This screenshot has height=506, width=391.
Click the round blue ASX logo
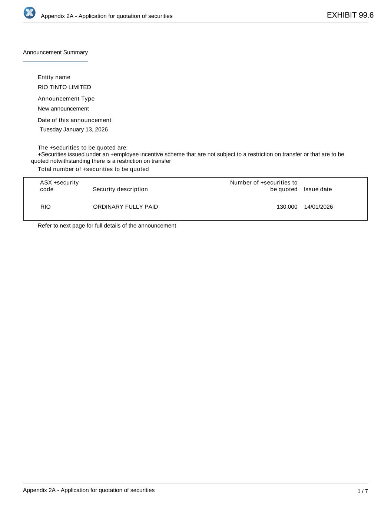[29, 13]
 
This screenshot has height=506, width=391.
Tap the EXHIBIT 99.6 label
[350, 15]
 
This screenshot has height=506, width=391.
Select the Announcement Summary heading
[55, 52]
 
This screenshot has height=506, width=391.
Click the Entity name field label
[54, 77]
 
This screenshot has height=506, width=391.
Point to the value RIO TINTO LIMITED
[64, 87]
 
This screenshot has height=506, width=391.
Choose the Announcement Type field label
[66, 99]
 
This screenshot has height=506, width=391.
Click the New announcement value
[63, 109]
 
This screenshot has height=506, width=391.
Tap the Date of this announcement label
[74, 120]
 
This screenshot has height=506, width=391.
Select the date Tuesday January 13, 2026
[74, 129]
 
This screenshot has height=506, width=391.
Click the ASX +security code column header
[59, 186]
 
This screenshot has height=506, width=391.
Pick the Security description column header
[120, 189]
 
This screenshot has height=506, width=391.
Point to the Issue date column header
[318, 189]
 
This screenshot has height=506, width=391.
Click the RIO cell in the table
[46, 207]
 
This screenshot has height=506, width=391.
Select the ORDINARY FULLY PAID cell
[125, 207]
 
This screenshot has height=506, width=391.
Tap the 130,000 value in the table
[287, 207]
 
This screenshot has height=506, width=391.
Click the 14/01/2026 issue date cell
[318, 207]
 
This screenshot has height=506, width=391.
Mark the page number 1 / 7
[362, 491]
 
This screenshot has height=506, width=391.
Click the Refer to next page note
[107, 226]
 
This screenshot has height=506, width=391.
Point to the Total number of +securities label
[93, 169]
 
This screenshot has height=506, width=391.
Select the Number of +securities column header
[264, 186]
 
